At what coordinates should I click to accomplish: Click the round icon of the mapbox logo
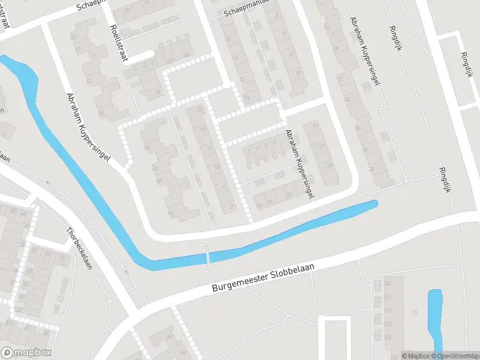coord(7,353)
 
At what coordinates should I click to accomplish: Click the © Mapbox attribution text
coord(415,356)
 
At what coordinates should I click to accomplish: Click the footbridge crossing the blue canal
coord(208,257)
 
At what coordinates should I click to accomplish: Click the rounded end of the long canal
coord(373,204)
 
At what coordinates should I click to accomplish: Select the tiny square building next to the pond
coord(414,311)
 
